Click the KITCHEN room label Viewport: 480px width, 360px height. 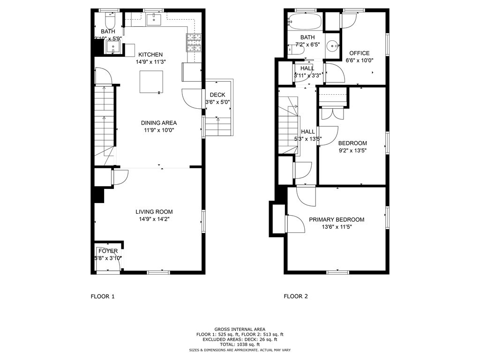point(150,54)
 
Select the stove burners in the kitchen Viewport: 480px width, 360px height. point(194,43)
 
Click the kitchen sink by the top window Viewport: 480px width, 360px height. point(153,20)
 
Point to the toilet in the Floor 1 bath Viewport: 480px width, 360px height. point(110,21)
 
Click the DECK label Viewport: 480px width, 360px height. point(217,95)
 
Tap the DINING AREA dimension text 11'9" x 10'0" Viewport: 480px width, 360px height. point(159,130)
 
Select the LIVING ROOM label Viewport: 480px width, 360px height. point(150,211)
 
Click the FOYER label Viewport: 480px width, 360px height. point(108,251)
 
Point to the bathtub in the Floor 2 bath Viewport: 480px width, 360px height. point(305,21)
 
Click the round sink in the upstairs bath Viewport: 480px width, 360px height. point(332,46)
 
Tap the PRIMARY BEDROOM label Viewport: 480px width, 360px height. point(337,219)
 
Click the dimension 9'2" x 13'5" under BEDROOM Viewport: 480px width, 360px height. point(352,150)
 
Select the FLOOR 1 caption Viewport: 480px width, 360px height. point(102,296)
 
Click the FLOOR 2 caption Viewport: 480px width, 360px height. point(296,296)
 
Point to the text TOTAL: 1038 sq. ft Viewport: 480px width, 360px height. point(240,345)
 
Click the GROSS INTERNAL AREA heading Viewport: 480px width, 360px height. point(240,330)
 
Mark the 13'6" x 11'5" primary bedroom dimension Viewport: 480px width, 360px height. point(337,227)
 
